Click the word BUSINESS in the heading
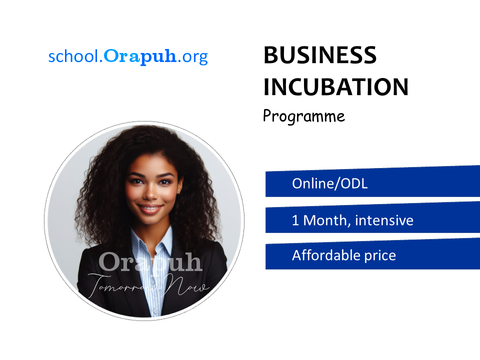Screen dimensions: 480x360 coord(320,55)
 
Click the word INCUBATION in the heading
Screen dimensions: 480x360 coord(336,87)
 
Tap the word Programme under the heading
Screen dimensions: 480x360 coord(304,116)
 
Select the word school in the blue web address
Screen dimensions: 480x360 coord(73,56)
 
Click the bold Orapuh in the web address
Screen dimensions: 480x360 coord(140,57)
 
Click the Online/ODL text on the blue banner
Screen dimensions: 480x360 coord(329,183)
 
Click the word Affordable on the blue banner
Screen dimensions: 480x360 coord(326,255)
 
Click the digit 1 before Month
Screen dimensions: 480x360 coord(295,220)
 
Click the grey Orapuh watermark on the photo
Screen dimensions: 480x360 coord(150,262)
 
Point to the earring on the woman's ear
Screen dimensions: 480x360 coord(178,192)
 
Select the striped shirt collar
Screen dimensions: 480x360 coord(152,242)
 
